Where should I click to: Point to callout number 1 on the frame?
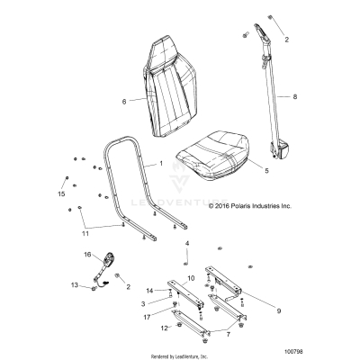(x=161, y=165)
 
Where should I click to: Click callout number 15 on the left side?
(x=62, y=194)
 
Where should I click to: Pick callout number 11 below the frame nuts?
(x=85, y=234)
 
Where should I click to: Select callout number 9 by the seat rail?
(x=278, y=310)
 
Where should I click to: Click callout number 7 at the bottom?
(x=204, y=334)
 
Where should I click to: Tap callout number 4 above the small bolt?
(x=187, y=244)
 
